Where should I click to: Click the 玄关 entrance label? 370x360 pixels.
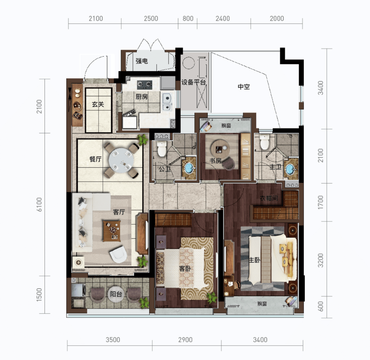tap(98, 104)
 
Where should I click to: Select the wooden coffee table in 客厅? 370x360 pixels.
tap(112, 231)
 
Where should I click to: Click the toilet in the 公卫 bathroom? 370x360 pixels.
tap(162, 148)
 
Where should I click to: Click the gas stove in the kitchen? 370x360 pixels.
tap(145, 84)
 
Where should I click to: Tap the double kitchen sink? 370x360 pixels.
tap(167, 101)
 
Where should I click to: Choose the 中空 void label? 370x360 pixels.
tap(244, 87)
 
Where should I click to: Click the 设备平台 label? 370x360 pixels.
tap(194, 82)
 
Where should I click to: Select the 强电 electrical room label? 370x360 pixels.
tap(141, 61)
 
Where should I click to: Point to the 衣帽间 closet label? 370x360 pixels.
tap(269, 198)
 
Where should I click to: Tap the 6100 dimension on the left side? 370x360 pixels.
tap(39, 204)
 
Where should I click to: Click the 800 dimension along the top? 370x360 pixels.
tap(188, 19)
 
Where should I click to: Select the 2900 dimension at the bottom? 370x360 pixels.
tap(185, 340)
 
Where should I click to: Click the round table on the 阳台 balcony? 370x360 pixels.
tap(116, 294)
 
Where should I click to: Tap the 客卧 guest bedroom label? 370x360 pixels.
tap(185, 268)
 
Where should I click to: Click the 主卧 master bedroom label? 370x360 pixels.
tap(255, 260)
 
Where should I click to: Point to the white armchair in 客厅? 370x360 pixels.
tap(118, 254)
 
